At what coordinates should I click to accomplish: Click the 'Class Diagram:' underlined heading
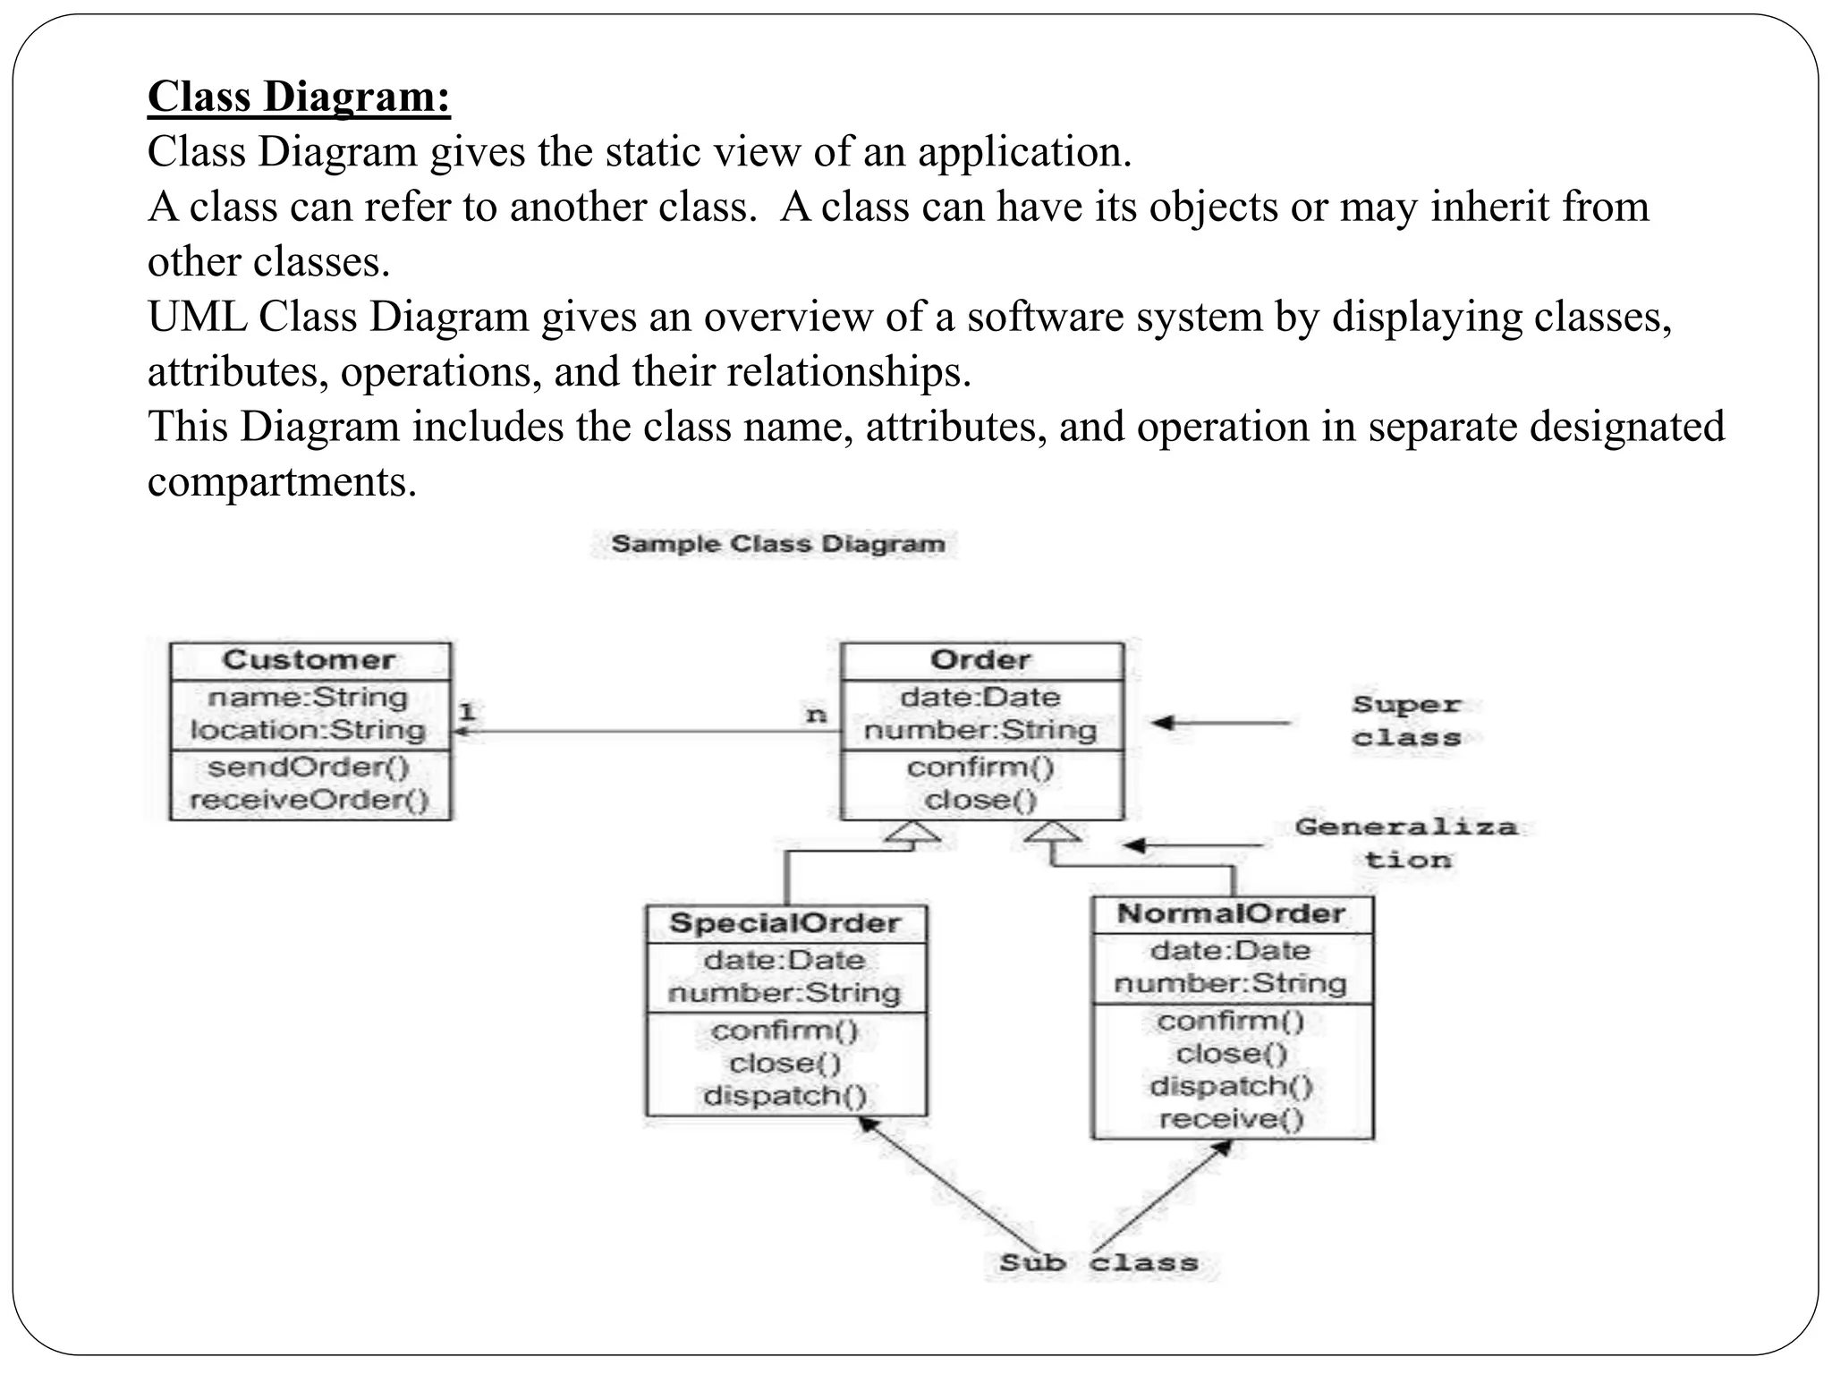coord(299,97)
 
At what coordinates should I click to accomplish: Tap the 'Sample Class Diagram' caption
coord(777,544)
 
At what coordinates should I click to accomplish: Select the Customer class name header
coord(310,660)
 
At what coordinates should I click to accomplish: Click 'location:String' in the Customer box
coord(308,730)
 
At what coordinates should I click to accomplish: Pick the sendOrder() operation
coord(309,768)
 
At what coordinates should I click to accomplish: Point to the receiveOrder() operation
coord(310,800)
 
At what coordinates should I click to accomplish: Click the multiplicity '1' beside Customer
coord(467,712)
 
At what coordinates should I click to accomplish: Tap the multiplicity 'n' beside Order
coord(816,715)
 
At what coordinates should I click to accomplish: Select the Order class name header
coord(980,660)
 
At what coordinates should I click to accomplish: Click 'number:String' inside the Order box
coord(980,730)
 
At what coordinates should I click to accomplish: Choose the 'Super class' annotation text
coord(1406,721)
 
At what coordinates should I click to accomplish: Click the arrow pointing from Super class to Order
coord(1221,722)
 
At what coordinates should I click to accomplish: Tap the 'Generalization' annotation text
coord(1406,843)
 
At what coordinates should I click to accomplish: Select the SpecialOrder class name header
coord(785,923)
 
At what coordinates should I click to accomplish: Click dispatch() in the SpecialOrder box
coord(785,1096)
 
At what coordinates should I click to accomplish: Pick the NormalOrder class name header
coord(1232,914)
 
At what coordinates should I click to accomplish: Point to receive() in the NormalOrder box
coord(1232,1119)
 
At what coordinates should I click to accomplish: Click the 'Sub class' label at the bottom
coord(1098,1263)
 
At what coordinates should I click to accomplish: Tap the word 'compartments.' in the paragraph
coord(282,482)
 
